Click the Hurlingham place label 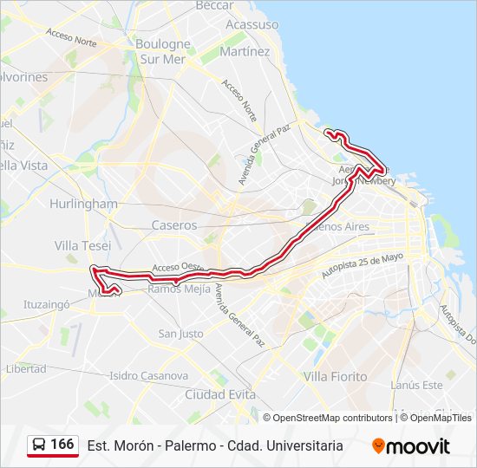point(84,204)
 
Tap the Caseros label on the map point(174,225)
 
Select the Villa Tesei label point(82,246)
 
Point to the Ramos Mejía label point(180,289)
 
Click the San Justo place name point(180,334)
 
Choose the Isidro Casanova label point(148,376)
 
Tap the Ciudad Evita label point(220,394)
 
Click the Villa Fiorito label point(335,377)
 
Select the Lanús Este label point(416,385)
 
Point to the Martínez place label point(245,51)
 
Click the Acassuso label point(252,24)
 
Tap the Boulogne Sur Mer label point(162,52)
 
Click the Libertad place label point(26,368)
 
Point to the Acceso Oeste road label point(177,267)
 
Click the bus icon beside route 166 point(40,445)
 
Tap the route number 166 point(62,445)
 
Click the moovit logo point(411,446)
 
